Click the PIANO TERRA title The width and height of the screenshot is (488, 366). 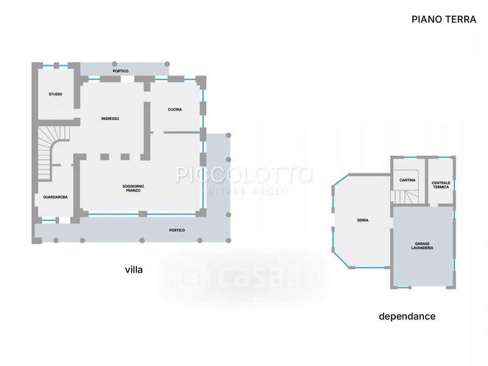444,20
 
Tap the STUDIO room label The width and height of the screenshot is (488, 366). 56,94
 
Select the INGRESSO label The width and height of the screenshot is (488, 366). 110,118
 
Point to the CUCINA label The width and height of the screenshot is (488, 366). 175,109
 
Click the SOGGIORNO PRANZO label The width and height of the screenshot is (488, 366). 133,188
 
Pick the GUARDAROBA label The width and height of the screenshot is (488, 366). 56,197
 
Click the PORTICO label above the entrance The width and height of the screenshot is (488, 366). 120,71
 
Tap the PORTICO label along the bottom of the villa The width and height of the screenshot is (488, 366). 177,231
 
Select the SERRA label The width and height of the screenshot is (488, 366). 363,220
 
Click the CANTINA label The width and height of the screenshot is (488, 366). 407,180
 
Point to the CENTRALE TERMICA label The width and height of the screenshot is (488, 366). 441,185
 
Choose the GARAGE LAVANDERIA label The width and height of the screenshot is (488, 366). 422,246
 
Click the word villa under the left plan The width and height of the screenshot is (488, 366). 134,269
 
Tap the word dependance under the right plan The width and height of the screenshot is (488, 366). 407,317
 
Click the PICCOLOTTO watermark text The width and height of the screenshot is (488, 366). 244,174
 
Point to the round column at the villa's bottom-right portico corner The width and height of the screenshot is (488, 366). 228,240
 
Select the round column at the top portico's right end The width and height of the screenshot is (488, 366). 167,64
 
